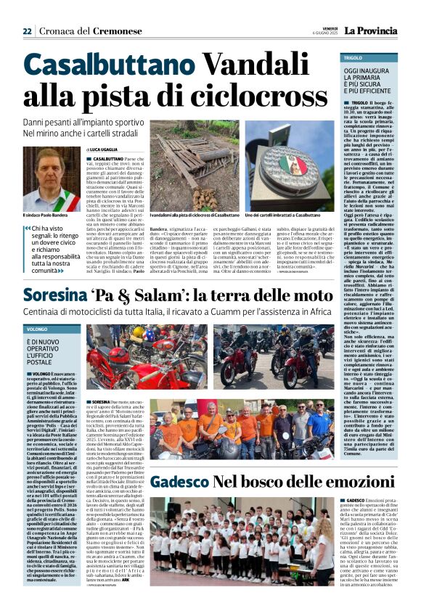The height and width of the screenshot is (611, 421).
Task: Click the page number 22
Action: (27, 31)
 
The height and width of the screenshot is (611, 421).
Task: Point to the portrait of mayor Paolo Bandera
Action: (51, 179)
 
